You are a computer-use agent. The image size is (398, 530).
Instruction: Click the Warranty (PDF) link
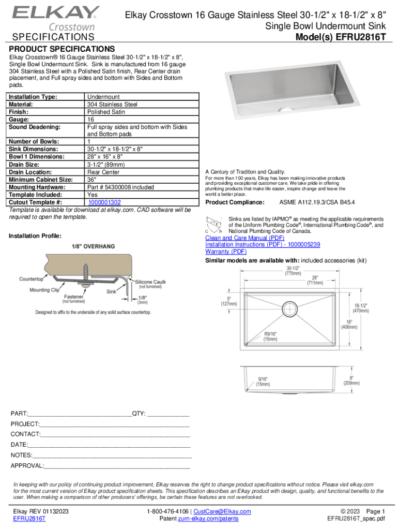(x=226, y=251)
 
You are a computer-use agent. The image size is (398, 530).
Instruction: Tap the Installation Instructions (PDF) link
(x=263, y=244)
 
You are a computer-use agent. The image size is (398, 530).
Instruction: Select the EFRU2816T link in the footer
(x=29, y=519)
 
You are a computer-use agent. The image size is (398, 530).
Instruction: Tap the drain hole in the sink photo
(x=281, y=110)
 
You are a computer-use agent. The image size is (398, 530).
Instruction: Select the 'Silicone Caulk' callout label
(x=151, y=282)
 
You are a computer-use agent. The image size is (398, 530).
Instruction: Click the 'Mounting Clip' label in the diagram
(x=44, y=290)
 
